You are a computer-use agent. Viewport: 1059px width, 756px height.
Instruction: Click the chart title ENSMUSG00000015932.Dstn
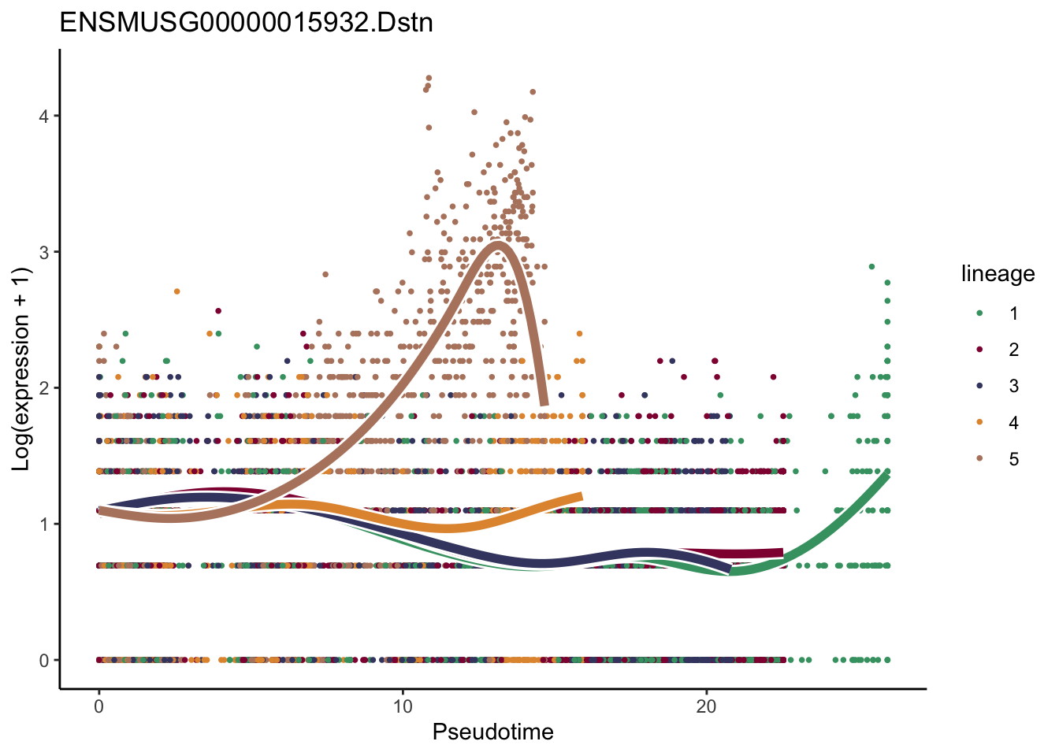[246, 22]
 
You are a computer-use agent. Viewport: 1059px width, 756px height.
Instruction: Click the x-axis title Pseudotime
[492, 732]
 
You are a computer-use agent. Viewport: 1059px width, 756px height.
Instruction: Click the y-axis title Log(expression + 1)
[21, 369]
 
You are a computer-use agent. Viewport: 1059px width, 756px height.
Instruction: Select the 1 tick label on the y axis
[44, 524]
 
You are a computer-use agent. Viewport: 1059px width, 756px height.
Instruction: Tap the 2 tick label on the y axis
[44, 388]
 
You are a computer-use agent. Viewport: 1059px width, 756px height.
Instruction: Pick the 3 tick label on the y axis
[44, 252]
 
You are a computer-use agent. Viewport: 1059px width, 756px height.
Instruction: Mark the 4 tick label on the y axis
[44, 116]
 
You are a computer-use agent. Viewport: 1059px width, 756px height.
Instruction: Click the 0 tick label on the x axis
[98, 706]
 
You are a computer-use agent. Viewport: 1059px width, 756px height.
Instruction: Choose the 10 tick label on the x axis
[403, 706]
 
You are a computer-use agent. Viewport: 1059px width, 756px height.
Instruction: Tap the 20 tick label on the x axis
[707, 706]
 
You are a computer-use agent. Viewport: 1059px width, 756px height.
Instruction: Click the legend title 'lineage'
[998, 274]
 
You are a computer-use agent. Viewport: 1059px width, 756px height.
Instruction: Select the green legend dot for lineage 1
[979, 313]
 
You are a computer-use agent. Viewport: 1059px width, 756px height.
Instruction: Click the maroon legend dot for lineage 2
[979, 350]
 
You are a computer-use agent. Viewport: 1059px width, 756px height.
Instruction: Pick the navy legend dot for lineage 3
[979, 386]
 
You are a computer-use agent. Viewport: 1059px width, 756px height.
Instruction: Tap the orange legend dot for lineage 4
[979, 423]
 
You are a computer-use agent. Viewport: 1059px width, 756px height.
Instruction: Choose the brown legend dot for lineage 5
[979, 459]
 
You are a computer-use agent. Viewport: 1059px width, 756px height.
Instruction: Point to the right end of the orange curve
[581, 496]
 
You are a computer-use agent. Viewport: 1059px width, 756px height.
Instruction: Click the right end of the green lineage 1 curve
[887, 475]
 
